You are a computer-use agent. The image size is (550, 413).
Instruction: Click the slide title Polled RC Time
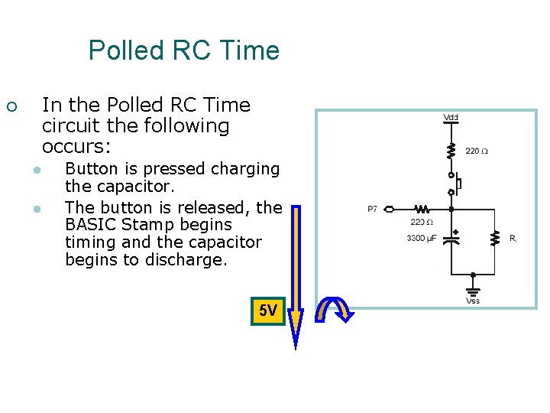(x=183, y=50)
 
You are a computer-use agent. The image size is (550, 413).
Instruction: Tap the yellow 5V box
(x=268, y=311)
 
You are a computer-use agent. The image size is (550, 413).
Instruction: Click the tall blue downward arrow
(x=296, y=275)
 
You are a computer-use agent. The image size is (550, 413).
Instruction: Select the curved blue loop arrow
(x=335, y=310)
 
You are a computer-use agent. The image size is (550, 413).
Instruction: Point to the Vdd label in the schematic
(x=451, y=117)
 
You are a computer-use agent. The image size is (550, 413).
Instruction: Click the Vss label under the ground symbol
(x=474, y=301)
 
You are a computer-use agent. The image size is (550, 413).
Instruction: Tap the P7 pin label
(x=372, y=209)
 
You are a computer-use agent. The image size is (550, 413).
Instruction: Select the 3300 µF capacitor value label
(x=421, y=239)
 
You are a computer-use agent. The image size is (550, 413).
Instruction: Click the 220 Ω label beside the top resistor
(x=477, y=151)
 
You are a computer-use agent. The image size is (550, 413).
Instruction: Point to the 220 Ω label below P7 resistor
(x=422, y=223)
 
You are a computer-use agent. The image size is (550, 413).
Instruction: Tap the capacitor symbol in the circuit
(x=452, y=237)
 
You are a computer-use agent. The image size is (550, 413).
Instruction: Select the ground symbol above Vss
(x=474, y=289)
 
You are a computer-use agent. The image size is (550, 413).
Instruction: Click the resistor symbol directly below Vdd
(x=451, y=149)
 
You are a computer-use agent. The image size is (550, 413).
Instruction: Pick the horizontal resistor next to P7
(x=422, y=208)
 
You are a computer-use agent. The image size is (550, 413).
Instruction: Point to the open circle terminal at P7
(x=389, y=208)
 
